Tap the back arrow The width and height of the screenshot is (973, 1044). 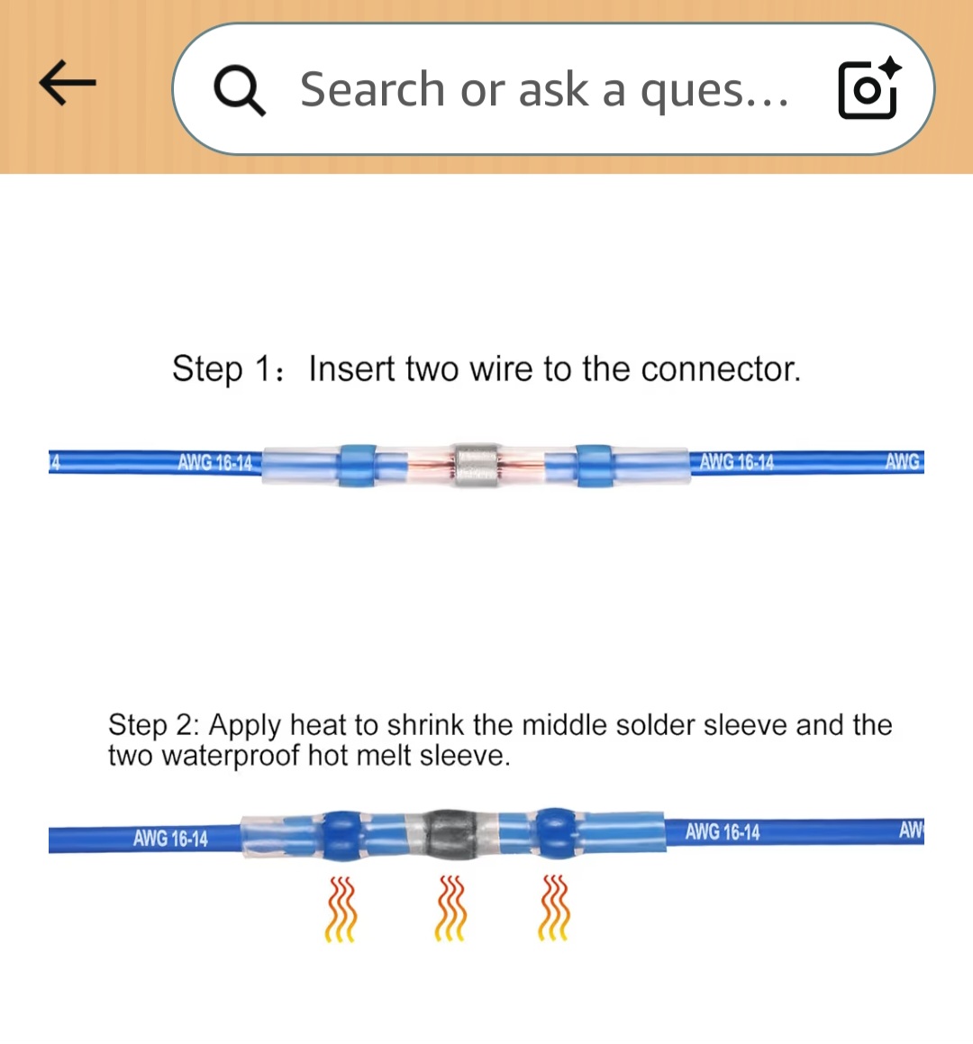pos(68,83)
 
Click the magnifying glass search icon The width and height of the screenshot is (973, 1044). pos(239,91)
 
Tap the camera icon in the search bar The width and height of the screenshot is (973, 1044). pos(869,88)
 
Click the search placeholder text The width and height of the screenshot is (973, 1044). pos(544,90)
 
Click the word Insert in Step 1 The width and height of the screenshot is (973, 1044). pos(351,368)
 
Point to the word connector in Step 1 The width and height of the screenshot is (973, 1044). pos(721,368)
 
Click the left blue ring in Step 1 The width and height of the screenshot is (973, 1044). pos(358,465)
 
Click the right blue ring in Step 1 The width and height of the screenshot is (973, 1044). pos(594,465)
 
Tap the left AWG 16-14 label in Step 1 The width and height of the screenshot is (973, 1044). pos(214,462)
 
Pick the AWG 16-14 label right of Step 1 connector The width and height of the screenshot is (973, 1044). pos(737,461)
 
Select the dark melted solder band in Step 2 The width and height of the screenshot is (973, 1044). pos(450,834)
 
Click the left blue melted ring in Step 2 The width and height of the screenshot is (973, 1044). pos(342,835)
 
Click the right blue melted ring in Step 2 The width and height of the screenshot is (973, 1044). pos(557,833)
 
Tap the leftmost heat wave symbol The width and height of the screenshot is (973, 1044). pos(341,909)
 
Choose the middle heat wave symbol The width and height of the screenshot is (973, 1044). pos(450,908)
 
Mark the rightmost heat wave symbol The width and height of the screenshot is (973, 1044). pos(554,907)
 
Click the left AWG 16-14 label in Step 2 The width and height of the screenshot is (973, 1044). pos(170,838)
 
